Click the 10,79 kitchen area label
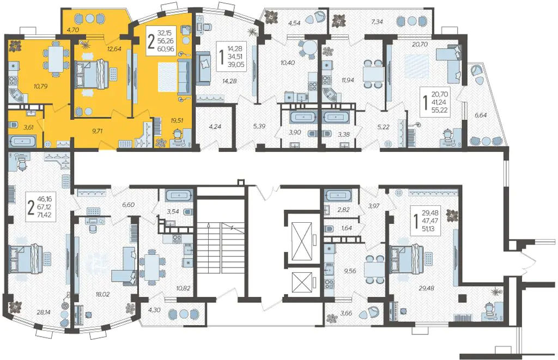pyautogui.click(x=41, y=86)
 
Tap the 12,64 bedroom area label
pyautogui.click(x=114, y=49)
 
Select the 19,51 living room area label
pyautogui.click(x=177, y=120)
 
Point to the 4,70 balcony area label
pyautogui.click(x=72, y=30)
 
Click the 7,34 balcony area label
pyautogui.click(x=377, y=22)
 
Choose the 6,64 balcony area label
pyautogui.click(x=481, y=115)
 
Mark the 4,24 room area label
pyautogui.click(x=215, y=126)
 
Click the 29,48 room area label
pyautogui.click(x=426, y=288)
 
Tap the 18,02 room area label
pyautogui.click(x=102, y=294)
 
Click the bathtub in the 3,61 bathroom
pyautogui.click(x=23, y=141)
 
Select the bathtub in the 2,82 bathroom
pyautogui.click(x=338, y=196)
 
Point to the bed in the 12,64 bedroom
pyautogui.click(x=92, y=74)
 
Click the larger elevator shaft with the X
pyautogui.click(x=301, y=240)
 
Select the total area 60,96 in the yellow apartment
pyautogui.click(x=166, y=48)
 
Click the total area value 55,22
pyautogui.click(x=440, y=110)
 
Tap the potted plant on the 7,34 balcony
pyautogui.click(x=339, y=21)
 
